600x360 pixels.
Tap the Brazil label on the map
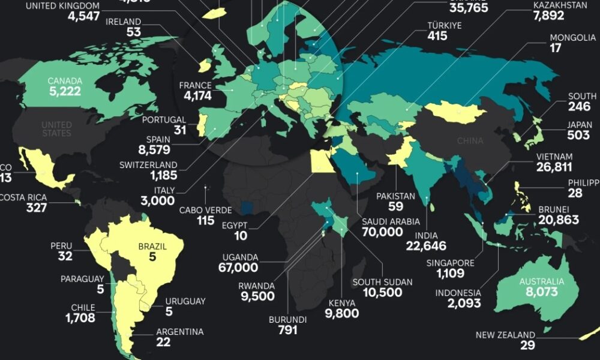point(152,246)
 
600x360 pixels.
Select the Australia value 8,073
point(542,292)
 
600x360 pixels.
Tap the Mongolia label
point(573,38)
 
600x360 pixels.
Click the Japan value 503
point(579,136)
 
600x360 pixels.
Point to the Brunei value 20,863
point(559,220)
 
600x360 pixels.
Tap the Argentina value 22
point(164,342)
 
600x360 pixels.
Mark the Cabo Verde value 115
point(205,221)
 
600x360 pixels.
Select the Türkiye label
point(444,25)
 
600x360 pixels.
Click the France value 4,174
point(196,96)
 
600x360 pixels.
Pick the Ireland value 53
point(133,32)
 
